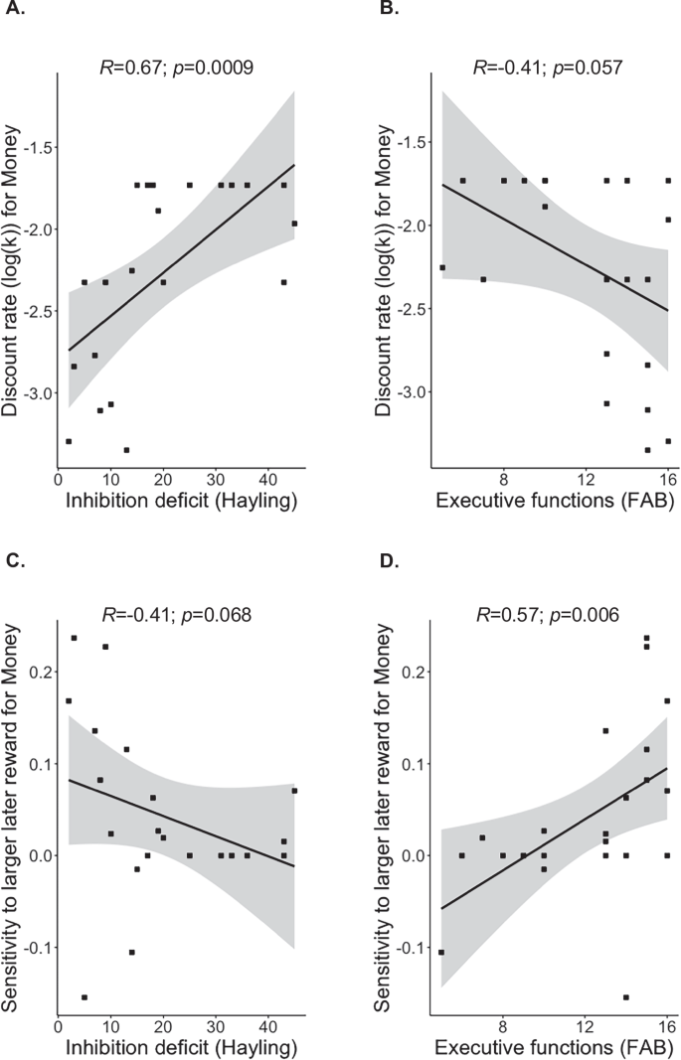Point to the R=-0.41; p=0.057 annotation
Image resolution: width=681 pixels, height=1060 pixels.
pos(549,69)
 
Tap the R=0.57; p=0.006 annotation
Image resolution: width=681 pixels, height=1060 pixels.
pos(549,615)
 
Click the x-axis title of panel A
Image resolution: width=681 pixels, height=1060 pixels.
pos(182,500)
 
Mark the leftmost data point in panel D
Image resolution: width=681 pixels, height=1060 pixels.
pos(442,952)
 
